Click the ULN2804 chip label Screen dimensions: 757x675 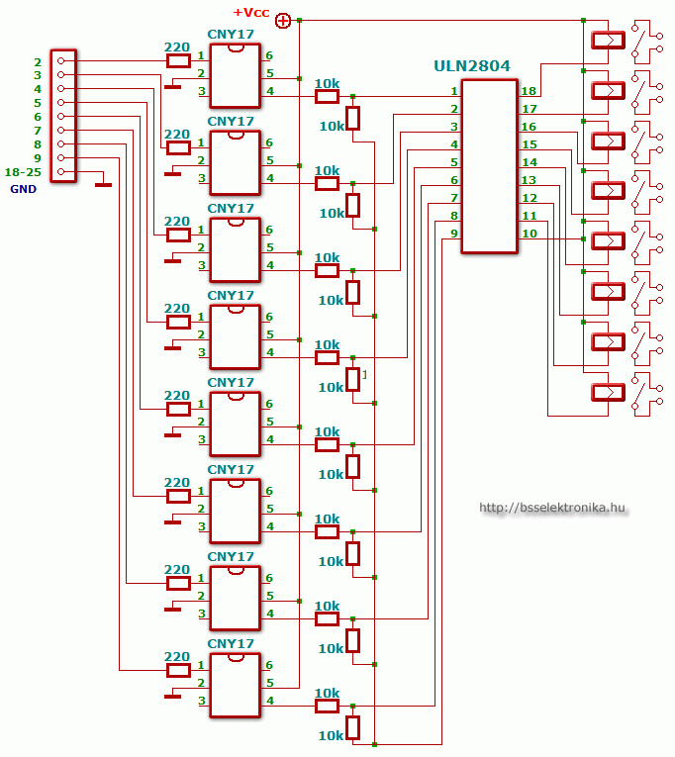click(471, 66)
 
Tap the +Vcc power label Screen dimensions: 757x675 click(250, 12)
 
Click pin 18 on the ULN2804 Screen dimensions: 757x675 click(530, 91)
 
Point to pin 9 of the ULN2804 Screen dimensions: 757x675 click(453, 234)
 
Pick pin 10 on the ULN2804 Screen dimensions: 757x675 click(530, 234)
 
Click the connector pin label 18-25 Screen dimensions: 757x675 click(22, 172)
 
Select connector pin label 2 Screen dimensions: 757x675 click(37, 61)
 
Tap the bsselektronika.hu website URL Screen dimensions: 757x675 click(552, 508)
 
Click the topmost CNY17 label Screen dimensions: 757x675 click(231, 35)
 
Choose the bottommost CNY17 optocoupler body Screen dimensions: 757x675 click(235, 685)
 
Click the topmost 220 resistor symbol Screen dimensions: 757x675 click(178, 60)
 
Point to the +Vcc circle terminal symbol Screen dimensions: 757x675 click(283, 20)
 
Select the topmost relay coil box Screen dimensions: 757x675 click(608, 41)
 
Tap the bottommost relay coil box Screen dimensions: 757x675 click(608, 393)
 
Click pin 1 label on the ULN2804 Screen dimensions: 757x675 click(453, 92)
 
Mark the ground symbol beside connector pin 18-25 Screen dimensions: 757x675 click(103, 184)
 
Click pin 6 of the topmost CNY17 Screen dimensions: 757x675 click(269, 56)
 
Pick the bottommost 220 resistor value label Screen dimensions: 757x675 click(176, 657)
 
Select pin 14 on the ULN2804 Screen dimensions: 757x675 click(530, 162)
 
